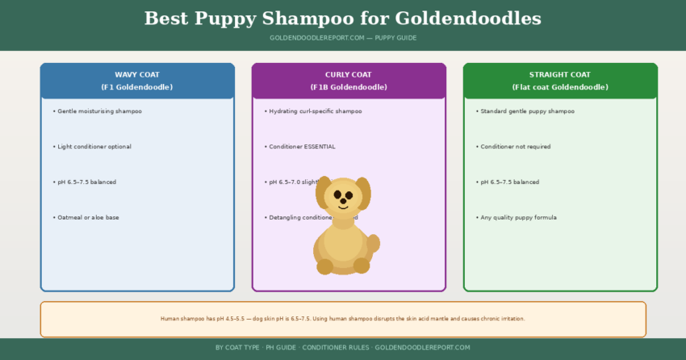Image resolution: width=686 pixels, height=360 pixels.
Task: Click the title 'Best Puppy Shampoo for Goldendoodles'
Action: [x=343, y=19]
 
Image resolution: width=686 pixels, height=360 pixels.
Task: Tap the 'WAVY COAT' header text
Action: [x=137, y=74]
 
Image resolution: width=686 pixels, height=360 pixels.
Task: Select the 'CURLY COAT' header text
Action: [x=349, y=74]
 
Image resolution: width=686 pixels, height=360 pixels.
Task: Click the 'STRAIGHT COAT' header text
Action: [x=560, y=74]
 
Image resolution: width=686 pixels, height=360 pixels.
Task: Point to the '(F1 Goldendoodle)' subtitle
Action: [x=137, y=87]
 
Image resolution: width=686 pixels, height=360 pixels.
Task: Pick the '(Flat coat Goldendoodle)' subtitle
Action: [x=560, y=87]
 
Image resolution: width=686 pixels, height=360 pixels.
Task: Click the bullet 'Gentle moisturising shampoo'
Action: [x=99, y=111]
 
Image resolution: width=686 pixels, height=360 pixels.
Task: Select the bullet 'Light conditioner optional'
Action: [x=94, y=146]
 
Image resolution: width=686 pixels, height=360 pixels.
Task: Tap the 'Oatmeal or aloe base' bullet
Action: [x=87, y=217]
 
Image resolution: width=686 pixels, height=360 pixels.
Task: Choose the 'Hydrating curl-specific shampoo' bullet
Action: [x=316, y=111]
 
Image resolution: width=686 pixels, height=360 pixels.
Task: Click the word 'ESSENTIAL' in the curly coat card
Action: [x=319, y=146]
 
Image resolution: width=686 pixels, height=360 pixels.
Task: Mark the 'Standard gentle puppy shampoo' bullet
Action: [x=527, y=111]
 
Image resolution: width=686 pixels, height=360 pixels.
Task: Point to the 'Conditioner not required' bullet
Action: [x=519, y=146]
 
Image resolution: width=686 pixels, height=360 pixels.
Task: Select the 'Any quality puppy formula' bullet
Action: [x=518, y=217]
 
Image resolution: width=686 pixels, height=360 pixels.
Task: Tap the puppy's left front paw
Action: [x=325, y=266]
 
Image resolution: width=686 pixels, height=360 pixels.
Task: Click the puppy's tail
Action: [x=373, y=243]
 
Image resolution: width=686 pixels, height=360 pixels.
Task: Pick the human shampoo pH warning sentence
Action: [x=343, y=319]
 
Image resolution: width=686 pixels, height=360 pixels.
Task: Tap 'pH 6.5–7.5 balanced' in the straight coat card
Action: [x=509, y=182]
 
